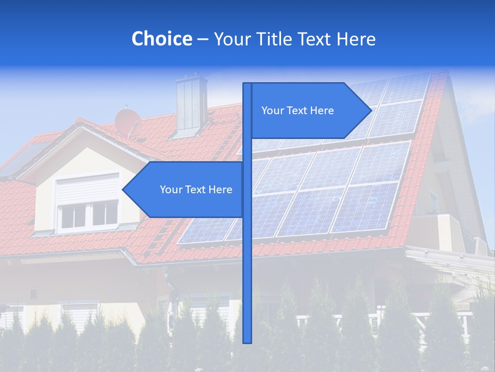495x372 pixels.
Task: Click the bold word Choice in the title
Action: (x=161, y=39)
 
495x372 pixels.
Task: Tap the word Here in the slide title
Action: (x=356, y=39)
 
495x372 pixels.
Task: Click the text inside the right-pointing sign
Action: (x=298, y=111)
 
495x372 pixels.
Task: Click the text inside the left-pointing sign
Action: (x=196, y=190)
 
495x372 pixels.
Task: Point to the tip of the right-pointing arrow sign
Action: (x=370, y=111)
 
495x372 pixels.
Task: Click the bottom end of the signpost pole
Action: (x=247, y=341)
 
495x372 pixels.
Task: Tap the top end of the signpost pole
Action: (x=247, y=85)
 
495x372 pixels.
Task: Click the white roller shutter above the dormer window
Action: (x=88, y=189)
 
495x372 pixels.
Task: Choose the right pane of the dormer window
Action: (x=105, y=213)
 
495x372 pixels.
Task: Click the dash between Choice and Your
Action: (x=203, y=39)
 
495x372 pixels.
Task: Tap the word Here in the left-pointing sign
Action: (x=220, y=190)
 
